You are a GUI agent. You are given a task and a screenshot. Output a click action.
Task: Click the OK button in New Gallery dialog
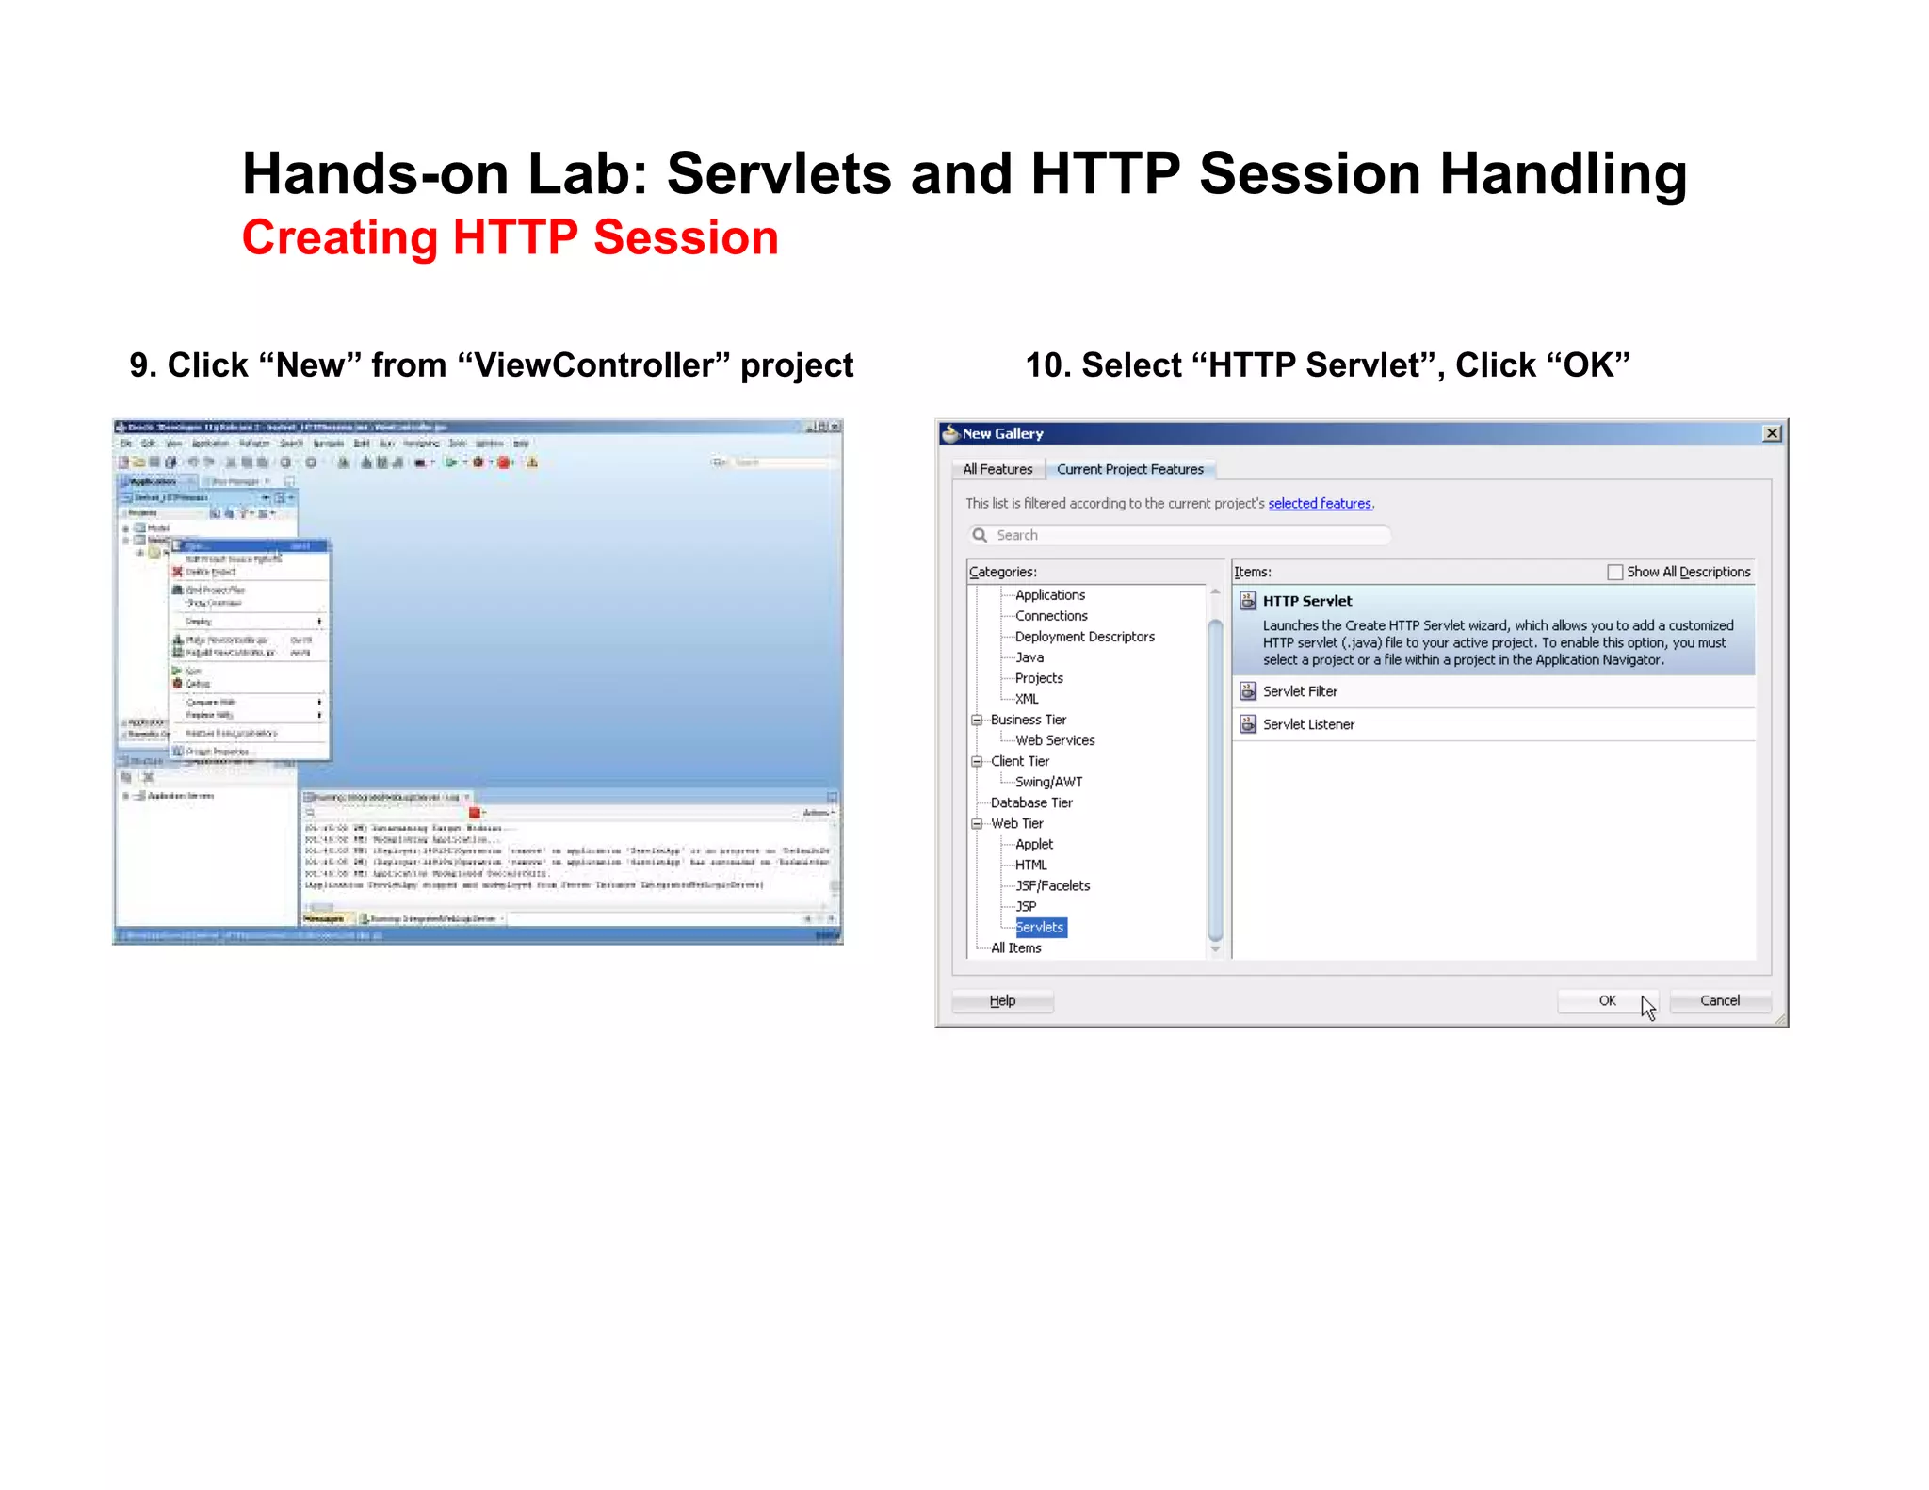tap(1607, 1000)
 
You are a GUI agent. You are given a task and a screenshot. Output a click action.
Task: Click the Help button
tap(1002, 1000)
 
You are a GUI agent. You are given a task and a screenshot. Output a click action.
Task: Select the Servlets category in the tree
tap(1040, 927)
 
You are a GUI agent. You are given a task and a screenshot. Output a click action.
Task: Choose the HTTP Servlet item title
tap(1306, 601)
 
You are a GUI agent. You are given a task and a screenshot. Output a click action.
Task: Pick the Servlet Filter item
tap(1300, 691)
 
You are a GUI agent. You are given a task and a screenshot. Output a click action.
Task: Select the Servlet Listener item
tap(1308, 724)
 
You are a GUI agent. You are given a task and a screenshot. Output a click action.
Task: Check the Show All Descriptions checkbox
tap(1615, 572)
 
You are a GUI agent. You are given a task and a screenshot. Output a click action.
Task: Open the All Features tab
tap(997, 469)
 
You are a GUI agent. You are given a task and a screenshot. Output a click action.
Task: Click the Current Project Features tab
tap(1129, 469)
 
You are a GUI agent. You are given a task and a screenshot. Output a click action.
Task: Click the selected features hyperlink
tap(1319, 503)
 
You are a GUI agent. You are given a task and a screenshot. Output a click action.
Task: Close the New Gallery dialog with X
tap(1772, 433)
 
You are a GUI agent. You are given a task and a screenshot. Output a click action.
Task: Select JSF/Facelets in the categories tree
tap(1052, 885)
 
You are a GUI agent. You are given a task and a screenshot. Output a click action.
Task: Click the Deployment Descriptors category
tap(1084, 637)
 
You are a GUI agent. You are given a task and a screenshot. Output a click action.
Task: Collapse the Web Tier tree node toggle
tap(977, 823)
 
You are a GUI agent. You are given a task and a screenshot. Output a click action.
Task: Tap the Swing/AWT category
tap(1048, 782)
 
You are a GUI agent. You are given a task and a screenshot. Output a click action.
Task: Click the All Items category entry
tap(1015, 947)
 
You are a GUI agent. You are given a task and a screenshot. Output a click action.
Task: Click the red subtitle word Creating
tap(339, 237)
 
